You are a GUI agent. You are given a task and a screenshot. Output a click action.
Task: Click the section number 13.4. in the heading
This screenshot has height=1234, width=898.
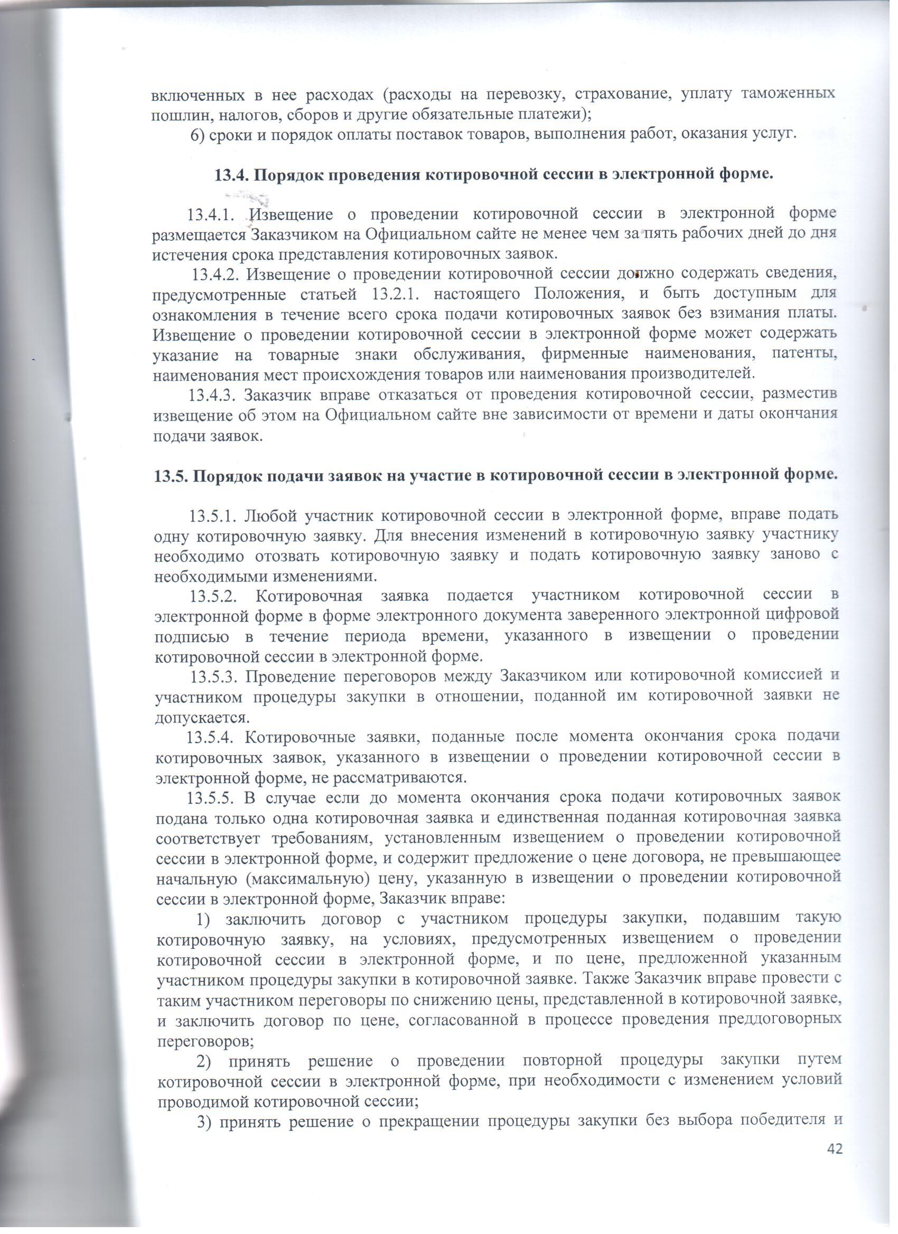(231, 175)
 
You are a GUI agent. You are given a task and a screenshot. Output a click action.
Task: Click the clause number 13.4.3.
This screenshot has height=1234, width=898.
(212, 393)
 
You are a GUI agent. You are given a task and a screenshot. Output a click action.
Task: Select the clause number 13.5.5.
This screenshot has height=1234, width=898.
(211, 798)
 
